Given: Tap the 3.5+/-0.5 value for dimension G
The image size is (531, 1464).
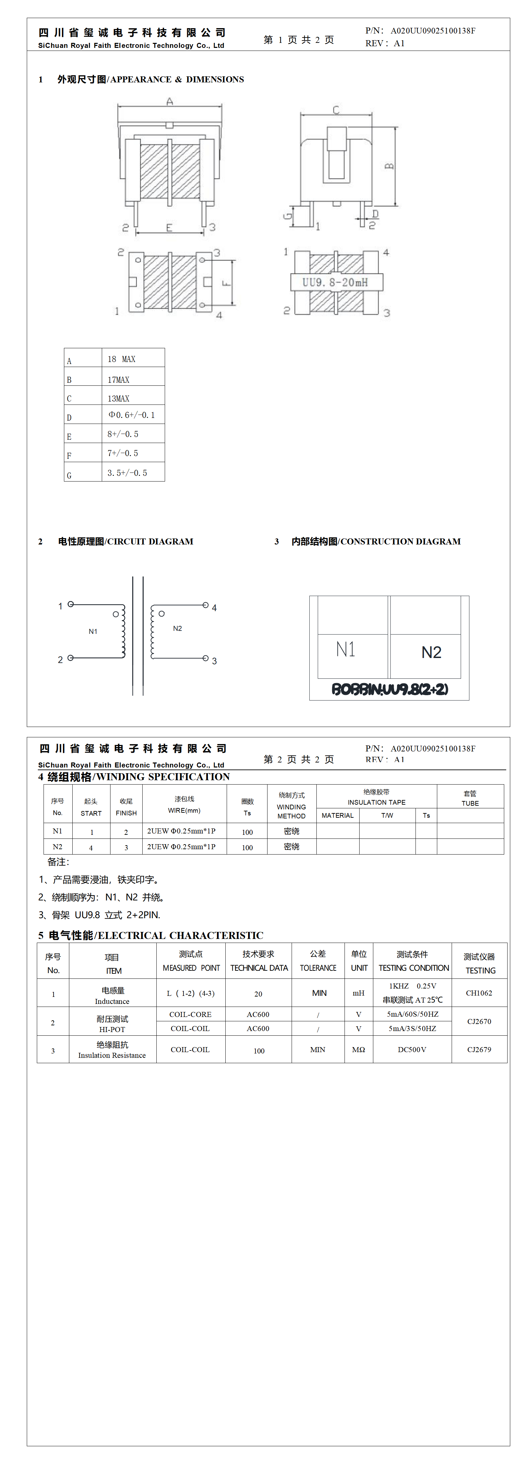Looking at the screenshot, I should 127,473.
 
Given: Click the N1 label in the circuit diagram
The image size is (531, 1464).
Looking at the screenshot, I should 93,632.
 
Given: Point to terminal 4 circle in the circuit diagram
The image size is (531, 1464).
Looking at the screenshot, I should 205,605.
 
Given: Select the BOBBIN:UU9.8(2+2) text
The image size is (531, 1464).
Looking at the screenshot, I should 389,689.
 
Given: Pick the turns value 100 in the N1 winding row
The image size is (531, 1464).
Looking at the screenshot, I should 247,832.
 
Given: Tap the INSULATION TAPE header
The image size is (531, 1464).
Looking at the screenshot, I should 376,802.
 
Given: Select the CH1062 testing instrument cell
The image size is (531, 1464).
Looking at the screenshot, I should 479,993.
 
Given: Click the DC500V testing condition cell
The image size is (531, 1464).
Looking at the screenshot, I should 411,1050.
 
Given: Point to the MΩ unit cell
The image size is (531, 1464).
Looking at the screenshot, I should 358,1050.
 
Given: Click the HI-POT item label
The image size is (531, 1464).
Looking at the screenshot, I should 112,1029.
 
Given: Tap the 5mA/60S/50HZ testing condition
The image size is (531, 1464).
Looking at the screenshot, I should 412,1015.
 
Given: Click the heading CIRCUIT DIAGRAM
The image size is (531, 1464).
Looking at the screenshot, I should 150,541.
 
